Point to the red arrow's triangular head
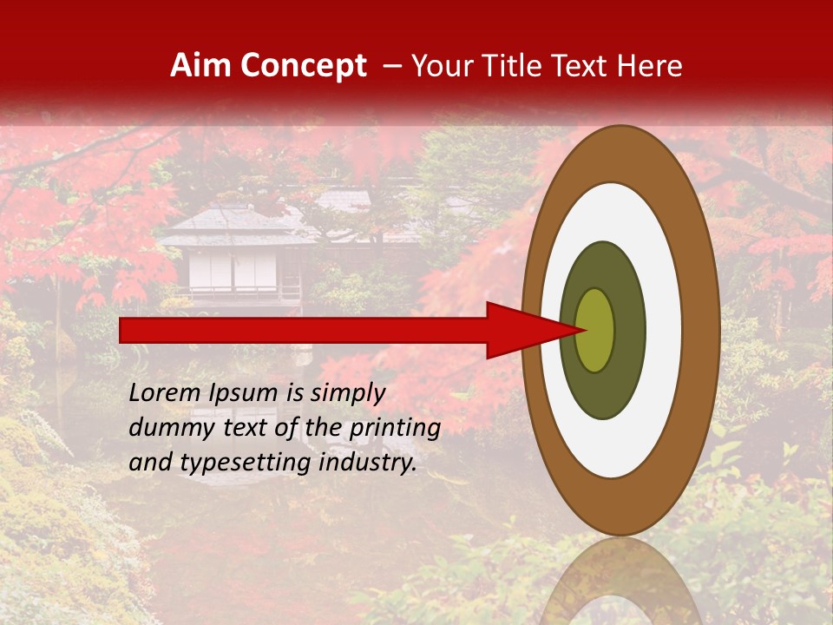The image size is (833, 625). point(529,330)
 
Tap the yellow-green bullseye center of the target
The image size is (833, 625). point(595,330)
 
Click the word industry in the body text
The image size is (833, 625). point(367,463)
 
